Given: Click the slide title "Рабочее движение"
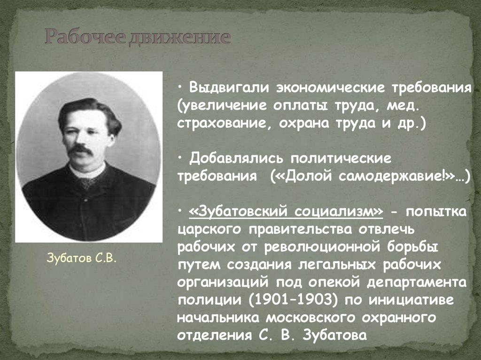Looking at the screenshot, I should click(x=138, y=38).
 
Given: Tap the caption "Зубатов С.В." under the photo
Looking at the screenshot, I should click(x=81, y=258).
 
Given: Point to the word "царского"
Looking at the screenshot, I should click(x=210, y=230).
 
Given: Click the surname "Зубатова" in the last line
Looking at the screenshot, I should click(x=334, y=336).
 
